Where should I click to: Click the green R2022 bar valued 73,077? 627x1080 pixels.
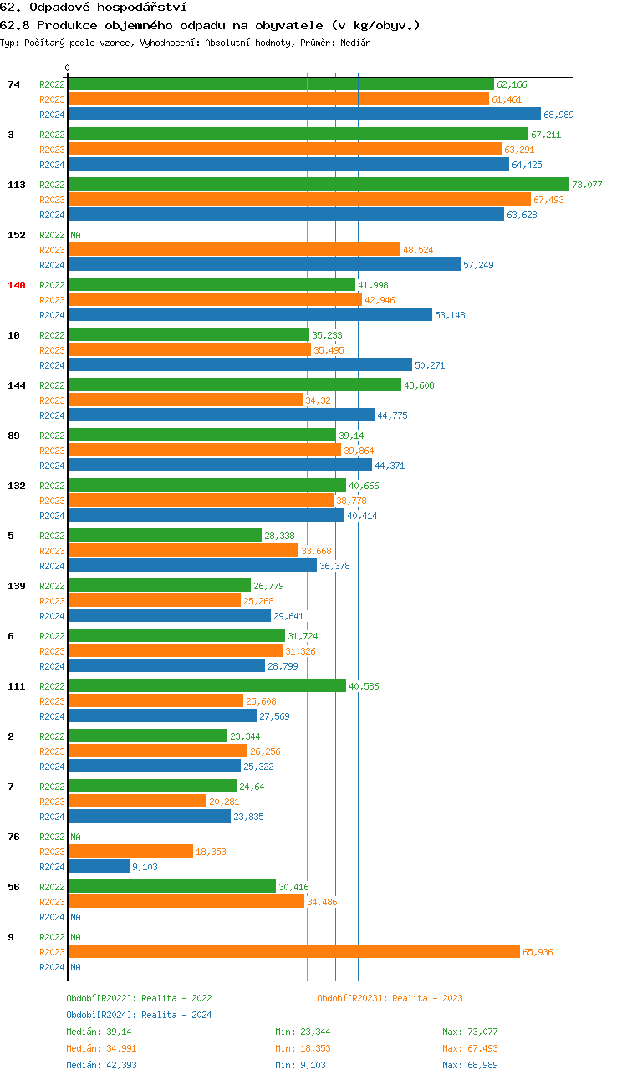(318, 184)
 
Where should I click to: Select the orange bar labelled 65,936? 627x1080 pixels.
(293, 951)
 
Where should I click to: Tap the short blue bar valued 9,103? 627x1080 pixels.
(99, 866)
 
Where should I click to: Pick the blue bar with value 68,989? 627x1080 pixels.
(304, 114)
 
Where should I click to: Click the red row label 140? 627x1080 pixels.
(17, 285)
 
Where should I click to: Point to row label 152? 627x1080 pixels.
(17, 235)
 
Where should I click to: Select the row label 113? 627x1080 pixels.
(17, 185)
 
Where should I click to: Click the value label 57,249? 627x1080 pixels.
(479, 265)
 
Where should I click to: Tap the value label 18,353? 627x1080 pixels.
(211, 852)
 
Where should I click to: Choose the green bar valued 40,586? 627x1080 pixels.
(206, 685)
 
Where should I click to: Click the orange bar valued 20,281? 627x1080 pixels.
(137, 801)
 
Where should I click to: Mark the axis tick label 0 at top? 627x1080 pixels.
(68, 68)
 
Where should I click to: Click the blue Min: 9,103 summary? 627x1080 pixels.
(303, 1065)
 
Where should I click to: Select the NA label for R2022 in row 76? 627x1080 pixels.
(75, 837)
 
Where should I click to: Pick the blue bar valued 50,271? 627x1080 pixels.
(240, 364)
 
